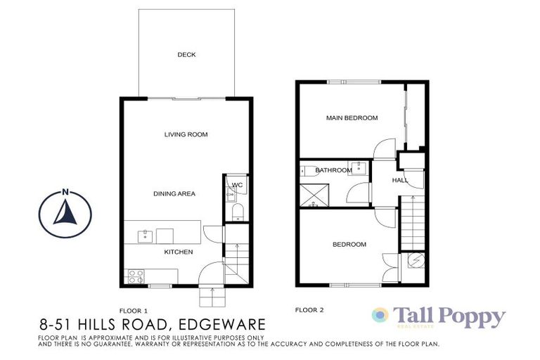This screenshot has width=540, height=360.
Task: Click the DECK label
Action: click(x=186, y=55)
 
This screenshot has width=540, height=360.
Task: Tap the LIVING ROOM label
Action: click(x=186, y=134)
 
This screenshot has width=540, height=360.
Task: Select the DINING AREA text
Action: click(x=175, y=193)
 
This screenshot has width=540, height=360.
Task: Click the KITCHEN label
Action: click(x=179, y=251)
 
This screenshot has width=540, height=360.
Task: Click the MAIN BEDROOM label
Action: click(x=352, y=118)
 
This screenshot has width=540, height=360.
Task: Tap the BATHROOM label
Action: click(x=333, y=170)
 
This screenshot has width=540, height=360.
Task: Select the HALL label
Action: click(x=399, y=181)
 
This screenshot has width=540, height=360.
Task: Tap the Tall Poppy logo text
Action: click(x=449, y=316)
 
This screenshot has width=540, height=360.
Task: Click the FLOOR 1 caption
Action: click(x=134, y=310)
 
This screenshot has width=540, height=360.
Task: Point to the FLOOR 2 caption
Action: click(x=309, y=309)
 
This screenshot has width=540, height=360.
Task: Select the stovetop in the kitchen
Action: click(x=135, y=276)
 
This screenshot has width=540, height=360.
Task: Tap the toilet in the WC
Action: click(x=237, y=212)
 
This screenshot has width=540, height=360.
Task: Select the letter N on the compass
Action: click(x=65, y=192)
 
